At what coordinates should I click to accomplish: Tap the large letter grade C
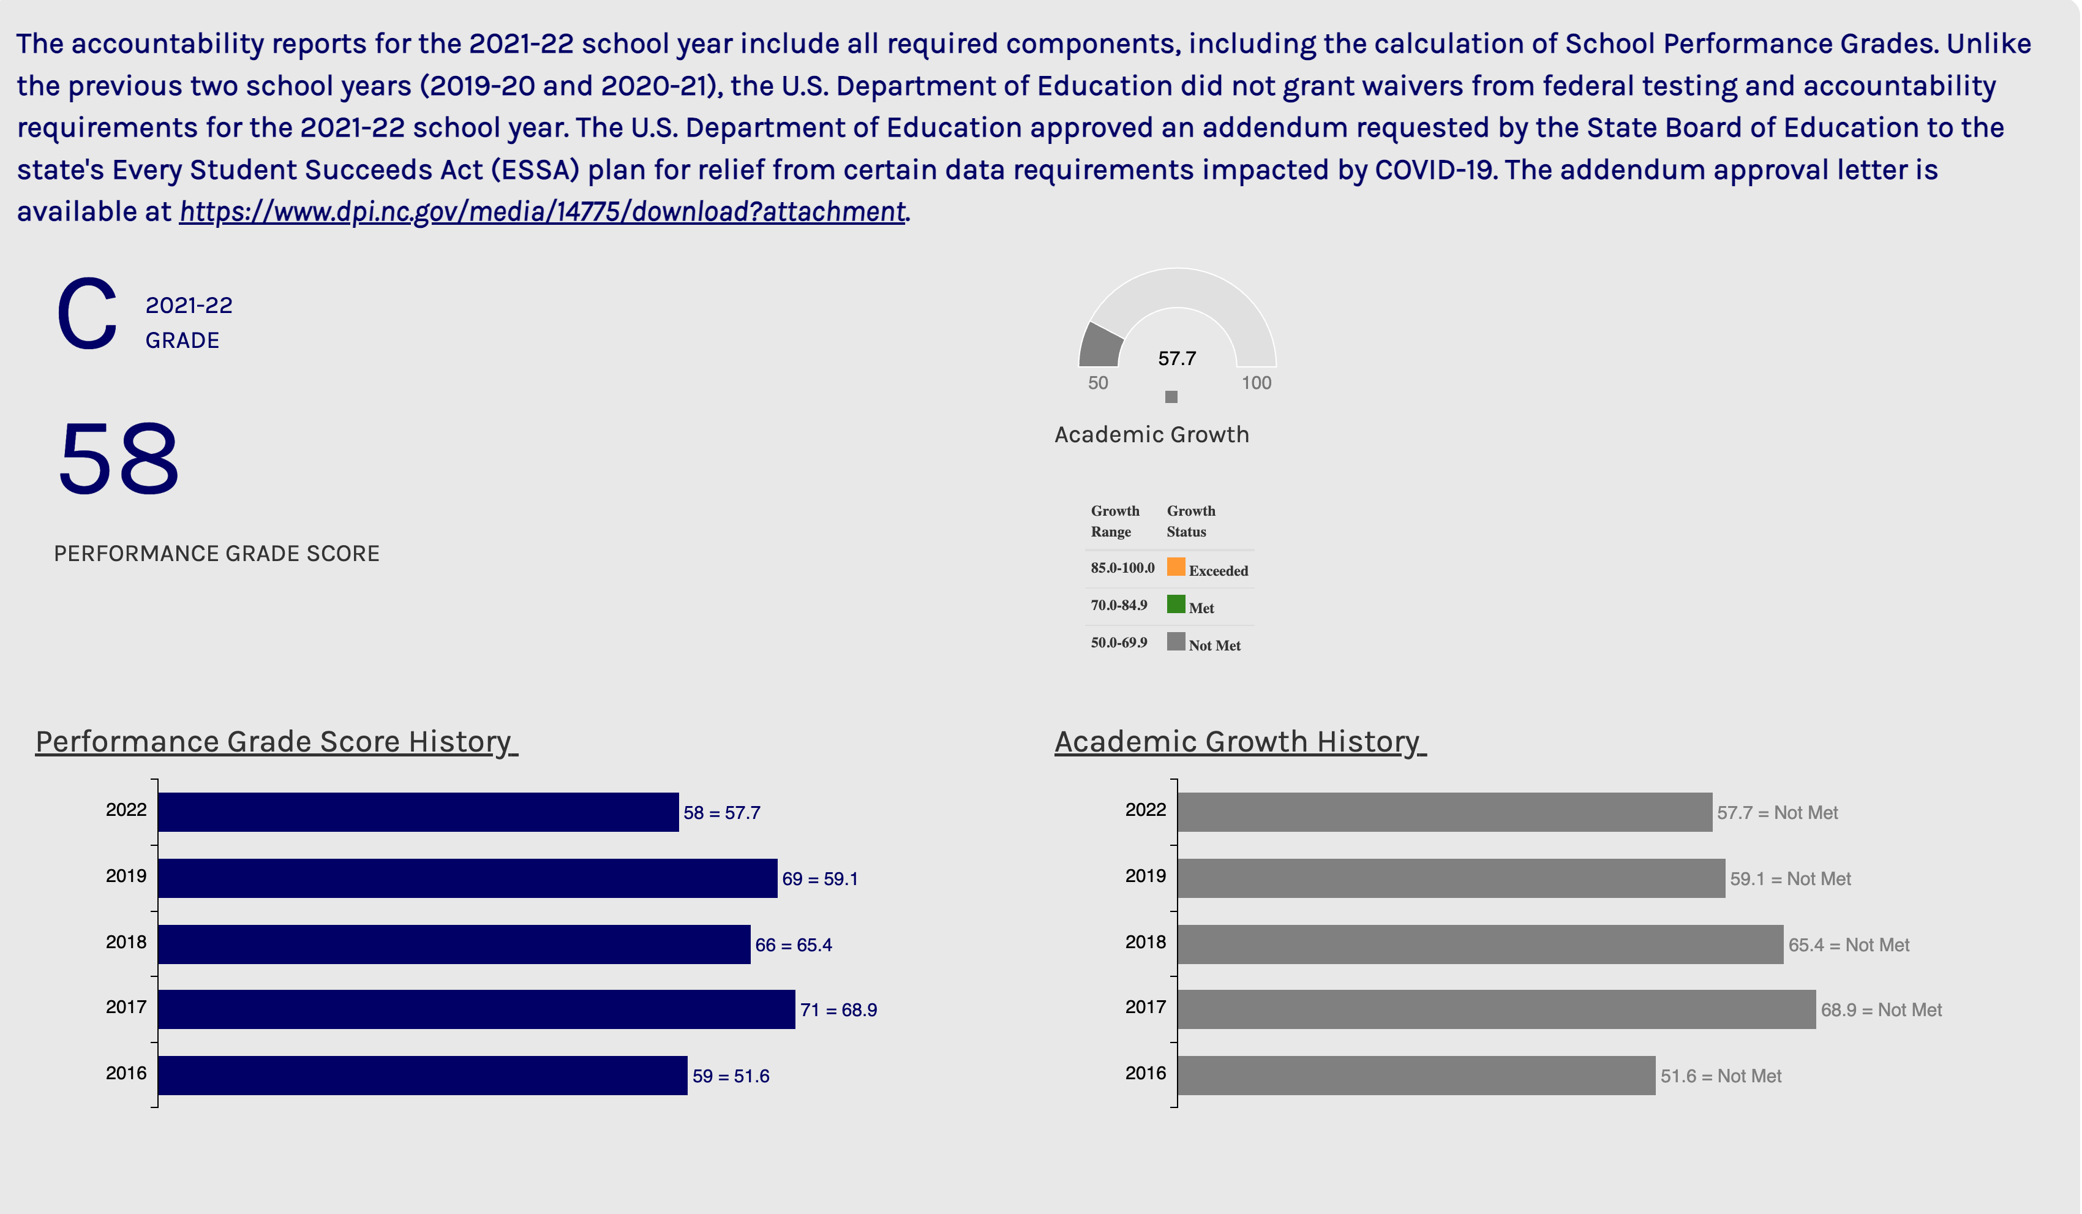pos(87,314)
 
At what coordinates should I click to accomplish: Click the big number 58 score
pos(119,459)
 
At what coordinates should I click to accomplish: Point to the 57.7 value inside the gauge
pos(1176,358)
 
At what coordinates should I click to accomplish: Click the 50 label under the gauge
pos(1097,383)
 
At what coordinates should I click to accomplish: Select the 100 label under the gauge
pos(1256,383)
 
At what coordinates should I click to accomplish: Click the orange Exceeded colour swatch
pos(1176,567)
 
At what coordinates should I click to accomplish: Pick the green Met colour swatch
pos(1176,604)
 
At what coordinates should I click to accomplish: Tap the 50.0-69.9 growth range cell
pos(1119,642)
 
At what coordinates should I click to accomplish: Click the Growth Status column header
pos(1190,521)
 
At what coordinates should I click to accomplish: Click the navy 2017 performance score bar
pos(476,1009)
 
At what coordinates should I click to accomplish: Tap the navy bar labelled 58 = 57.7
pos(418,812)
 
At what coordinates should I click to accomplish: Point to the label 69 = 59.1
pos(819,878)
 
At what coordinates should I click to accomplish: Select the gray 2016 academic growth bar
pos(1416,1075)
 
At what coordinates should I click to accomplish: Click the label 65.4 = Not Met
pos(1848,944)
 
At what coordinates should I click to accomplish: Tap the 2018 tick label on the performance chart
pos(126,941)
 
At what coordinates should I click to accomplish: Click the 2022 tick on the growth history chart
pos(1145,809)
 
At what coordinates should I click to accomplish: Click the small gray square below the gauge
pos(1171,397)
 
